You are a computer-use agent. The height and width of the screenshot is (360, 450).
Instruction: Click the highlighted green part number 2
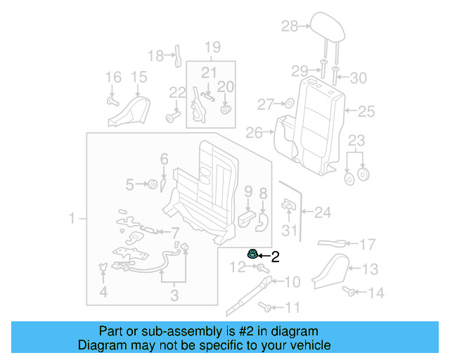click(x=251, y=255)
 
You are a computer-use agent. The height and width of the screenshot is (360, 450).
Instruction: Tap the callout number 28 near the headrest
click(x=290, y=27)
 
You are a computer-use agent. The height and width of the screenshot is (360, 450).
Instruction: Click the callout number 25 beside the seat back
click(x=367, y=111)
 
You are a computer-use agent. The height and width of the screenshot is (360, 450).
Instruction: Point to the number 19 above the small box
click(x=212, y=48)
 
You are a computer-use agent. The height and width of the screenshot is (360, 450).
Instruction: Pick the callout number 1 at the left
click(x=72, y=220)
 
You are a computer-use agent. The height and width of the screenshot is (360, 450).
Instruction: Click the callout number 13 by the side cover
click(x=371, y=268)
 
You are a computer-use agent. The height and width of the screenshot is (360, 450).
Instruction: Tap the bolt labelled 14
click(x=348, y=290)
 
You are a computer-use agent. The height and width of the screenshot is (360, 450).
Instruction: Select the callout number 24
click(x=322, y=211)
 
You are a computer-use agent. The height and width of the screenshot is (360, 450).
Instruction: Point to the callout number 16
click(x=113, y=77)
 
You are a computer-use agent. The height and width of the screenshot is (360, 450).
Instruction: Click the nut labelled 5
click(x=150, y=185)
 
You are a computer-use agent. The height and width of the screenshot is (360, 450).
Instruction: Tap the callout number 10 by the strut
click(x=292, y=283)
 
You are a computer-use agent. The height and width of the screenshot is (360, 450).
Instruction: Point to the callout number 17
click(x=368, y=245)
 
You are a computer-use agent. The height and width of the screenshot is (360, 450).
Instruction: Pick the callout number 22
click(x=176, y=92)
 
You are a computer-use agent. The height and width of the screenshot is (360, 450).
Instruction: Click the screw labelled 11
click(x=266, y=307)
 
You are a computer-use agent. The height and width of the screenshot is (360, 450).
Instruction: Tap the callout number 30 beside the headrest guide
click(x=358, y=79)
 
